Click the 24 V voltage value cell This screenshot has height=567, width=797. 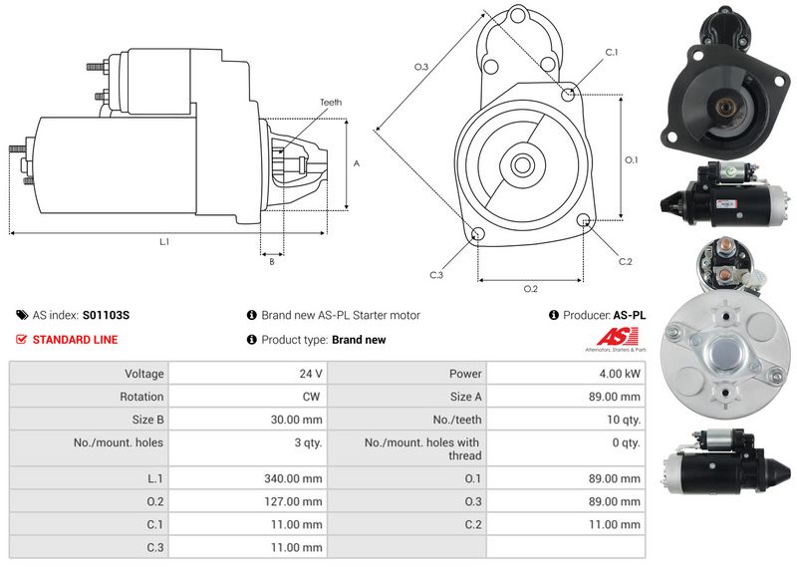coord(311,374)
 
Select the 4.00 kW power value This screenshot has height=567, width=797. coord(620,374)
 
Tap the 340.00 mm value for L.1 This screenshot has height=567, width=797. coord(293,478)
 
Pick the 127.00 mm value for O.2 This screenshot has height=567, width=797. coord(293,501)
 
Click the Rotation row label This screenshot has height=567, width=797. coord(141,397)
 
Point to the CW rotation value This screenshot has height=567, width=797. coord(311,397)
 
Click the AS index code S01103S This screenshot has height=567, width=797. coord(106,315)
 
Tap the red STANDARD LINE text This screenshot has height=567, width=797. coord(76,340)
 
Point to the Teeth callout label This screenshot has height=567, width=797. coord(331,103)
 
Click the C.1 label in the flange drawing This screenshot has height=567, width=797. coord(612,53)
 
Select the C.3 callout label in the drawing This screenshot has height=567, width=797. coord(436,275)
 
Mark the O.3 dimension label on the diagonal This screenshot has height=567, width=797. coord(421,67)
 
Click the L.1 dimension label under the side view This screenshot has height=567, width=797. coord(164,242)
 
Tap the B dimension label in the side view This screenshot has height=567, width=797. coord(272,261)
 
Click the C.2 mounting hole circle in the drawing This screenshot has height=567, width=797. coord(584,220)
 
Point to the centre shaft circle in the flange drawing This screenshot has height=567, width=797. coord(522,164)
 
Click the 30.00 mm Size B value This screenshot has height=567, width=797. coord(296,420)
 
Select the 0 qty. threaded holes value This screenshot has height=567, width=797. coord(627,442)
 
